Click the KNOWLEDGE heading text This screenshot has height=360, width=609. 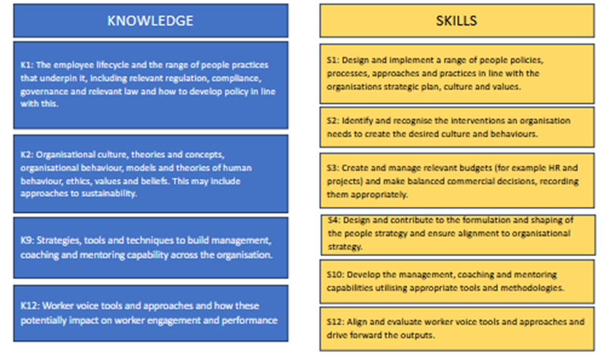[150, 20]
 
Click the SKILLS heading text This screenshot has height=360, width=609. [456, 20]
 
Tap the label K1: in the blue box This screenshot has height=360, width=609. [27, 65]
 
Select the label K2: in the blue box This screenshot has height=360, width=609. [27, 155]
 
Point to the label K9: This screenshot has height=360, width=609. [27, 241]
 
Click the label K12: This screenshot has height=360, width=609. [30, 306]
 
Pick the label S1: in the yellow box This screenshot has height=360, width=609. [333, 61]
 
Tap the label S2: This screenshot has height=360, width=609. [333, 121]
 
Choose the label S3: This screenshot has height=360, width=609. [333, 168]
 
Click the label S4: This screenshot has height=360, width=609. [334, 220]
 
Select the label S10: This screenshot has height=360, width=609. [336, 275]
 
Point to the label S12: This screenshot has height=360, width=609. [336, 322]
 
